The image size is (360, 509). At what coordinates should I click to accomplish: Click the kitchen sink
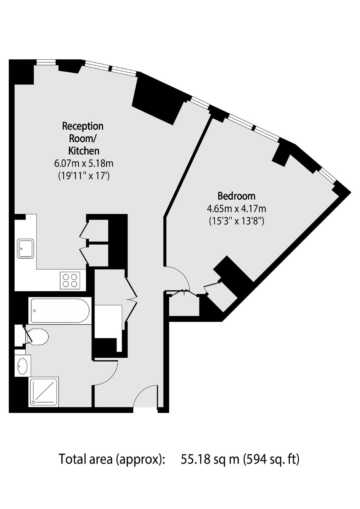26,249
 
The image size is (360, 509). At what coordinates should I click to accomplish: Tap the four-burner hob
70,280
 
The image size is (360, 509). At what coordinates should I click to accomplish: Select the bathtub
60,311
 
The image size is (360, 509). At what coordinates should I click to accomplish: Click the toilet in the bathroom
37,337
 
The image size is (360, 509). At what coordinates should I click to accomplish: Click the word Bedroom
236,196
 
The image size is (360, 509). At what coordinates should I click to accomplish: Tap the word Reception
83,126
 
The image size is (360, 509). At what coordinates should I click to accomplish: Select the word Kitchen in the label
84,151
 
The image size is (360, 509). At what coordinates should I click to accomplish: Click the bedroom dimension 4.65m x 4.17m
236,208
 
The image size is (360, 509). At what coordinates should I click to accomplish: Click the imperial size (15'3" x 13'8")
236,221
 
